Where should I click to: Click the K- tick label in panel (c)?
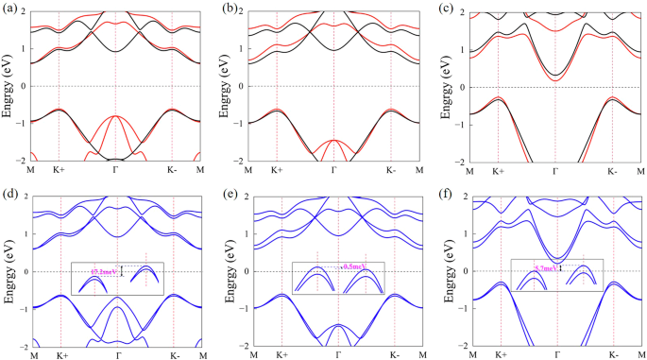[612, 171]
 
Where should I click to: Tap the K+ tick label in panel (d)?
[61, 356]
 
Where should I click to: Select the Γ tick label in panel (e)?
[338, 356]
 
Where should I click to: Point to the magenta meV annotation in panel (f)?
[546, 268]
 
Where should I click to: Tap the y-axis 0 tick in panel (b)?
[242, 86]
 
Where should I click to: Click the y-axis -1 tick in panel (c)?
[460, 124]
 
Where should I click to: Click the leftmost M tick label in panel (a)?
[32, 171]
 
